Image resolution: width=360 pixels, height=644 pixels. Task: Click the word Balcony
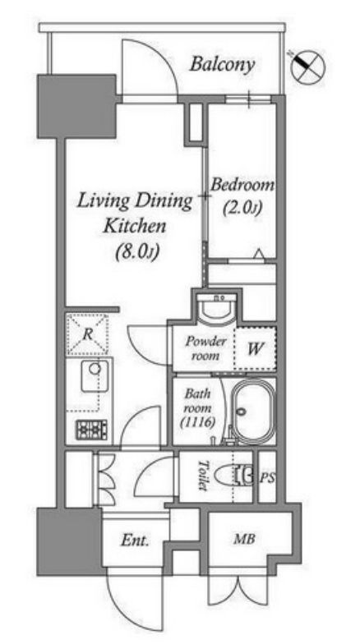pyautogui.click(x=222, y=66)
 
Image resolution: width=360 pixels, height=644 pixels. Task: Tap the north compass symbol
pyautogui.click(x=308, y=67)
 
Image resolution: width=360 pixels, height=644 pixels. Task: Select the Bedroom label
pyautogui.click(x=242, y=186)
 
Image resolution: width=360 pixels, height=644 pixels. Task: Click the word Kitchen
pyautogui.click(x=135, y=227)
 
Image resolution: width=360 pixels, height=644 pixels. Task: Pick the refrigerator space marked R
pyautogui.click(x=87, y=333)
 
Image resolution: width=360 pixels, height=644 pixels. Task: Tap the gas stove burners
pyautogui.click(x=91, y=430)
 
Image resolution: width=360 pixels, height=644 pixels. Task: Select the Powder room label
pyautogui.click(x=205, y=348)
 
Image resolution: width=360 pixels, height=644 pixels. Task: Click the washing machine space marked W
pyautogui.click(x=255, y=348)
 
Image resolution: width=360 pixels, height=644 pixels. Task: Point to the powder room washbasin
pyautogui.click(x=216, y=307)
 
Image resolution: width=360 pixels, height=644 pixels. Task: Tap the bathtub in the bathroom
pyautogui.click(x=253, y=412)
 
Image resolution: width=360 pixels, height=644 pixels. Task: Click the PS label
pyautogui.click(x=268, y=478)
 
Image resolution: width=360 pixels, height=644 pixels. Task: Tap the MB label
pyautogui.click(x=245, y=539)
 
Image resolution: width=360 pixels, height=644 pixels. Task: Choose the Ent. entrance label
pyautogui.click(x=135, y=540)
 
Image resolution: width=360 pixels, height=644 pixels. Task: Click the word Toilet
pyautogui.click(x=202, y=475)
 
